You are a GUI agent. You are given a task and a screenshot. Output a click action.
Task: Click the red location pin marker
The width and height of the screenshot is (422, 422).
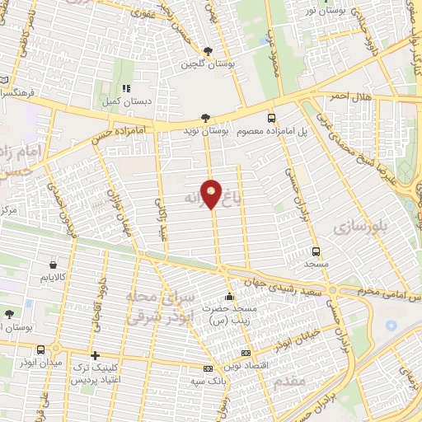[213, 194]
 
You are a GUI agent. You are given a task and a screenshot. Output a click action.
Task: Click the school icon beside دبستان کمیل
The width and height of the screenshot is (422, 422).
[126, 87]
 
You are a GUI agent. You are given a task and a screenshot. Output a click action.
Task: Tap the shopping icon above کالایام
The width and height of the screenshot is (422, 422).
[54, 265]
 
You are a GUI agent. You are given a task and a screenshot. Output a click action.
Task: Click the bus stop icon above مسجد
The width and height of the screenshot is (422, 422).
[316, 251]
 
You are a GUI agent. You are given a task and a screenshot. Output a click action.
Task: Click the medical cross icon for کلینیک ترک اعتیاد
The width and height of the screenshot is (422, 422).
[95, 354]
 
